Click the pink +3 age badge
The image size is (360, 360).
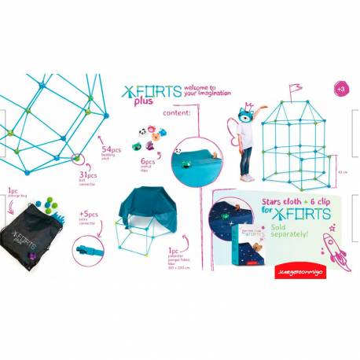[340, 89]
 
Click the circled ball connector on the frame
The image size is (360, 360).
[77, 160]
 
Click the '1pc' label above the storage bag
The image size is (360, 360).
[13, 190]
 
